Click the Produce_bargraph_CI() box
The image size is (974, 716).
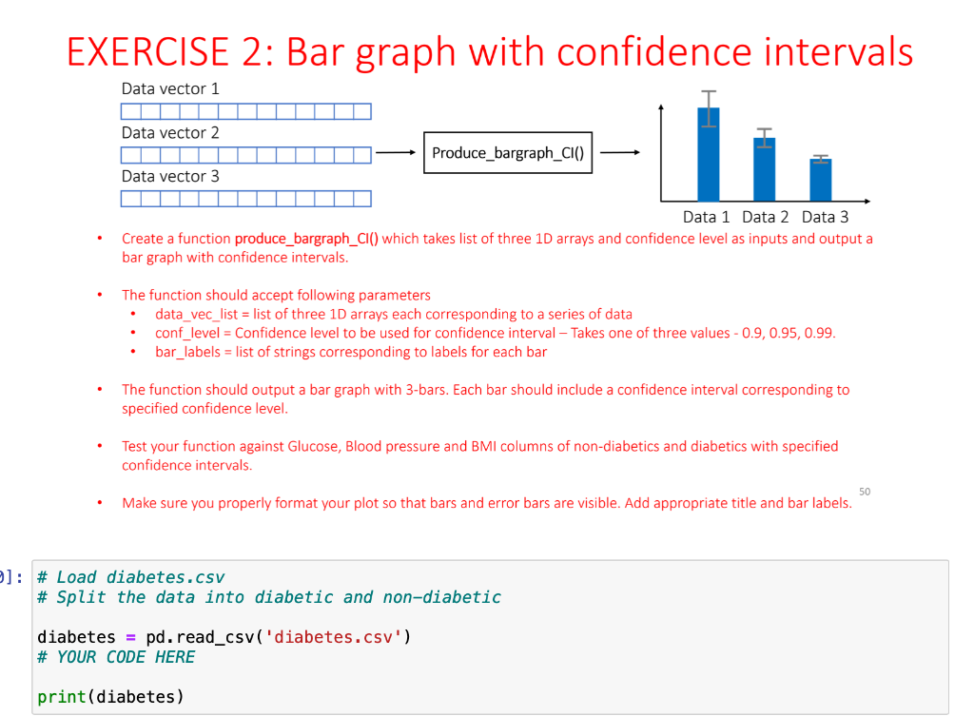tap(508, 153)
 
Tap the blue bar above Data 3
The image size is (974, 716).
tap(821, 179)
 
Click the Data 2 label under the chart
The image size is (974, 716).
tap(766, 217)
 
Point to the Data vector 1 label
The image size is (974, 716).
tap(170, 88)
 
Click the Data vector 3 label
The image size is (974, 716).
tap(170, 176)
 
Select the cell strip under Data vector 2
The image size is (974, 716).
tap(246, 154)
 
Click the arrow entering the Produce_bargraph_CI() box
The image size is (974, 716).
tap(396, 153)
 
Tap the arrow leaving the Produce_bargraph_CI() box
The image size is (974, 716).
tap(619, 152)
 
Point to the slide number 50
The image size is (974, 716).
tap(864, 492)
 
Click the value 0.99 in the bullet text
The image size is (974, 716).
tap(821, 333)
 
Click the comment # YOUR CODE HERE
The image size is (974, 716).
tap(116, 657)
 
